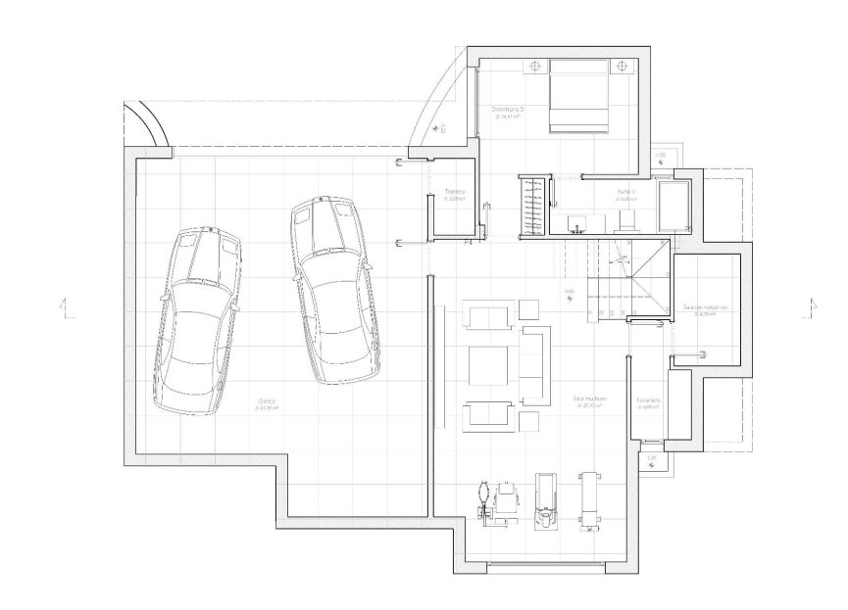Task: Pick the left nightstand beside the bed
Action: pos(535,67)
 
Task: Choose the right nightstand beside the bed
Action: pos(620,67)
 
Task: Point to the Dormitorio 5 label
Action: pos(508,110)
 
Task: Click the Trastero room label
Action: pos(454,192)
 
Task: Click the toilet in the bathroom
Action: pos(628,217)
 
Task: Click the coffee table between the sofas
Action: pos(488,364)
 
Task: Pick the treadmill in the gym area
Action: pos(546,499)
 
